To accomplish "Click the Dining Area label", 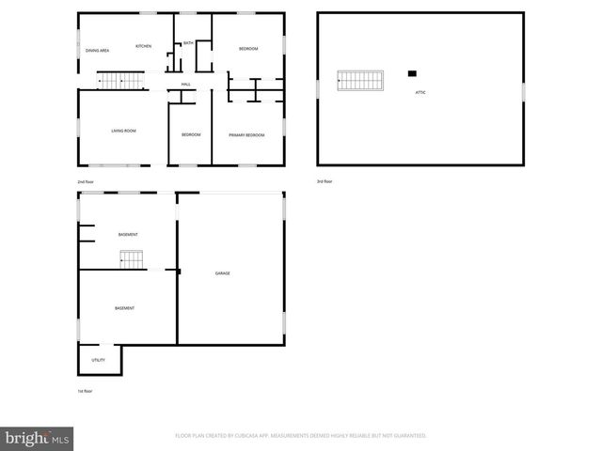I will [x=98, y=50].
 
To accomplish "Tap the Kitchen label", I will [x=143, y=46].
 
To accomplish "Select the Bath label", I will [x=188, y=43].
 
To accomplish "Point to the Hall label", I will [x=186, y=85].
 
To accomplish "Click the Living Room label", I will [x=124, y=131].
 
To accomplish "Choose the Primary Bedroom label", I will [x=246, y=135].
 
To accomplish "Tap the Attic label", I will [x=421, y=92].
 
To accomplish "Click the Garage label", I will [x=223, y=273].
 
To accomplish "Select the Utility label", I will [x=98, y=360].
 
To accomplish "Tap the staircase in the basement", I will [x=130, y=258].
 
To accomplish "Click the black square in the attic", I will [x=412, y=73].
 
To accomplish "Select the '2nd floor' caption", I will [x=86, y=181].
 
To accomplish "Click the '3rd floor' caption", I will [x=325, y=181].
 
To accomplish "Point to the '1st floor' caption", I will [x=86, y=391].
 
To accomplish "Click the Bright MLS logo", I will [x=38, y=438].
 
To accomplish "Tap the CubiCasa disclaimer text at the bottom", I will [x=301, y=436].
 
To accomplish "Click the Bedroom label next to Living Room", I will [x=191, y=135].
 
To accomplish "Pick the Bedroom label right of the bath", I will [x=248, y=49].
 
